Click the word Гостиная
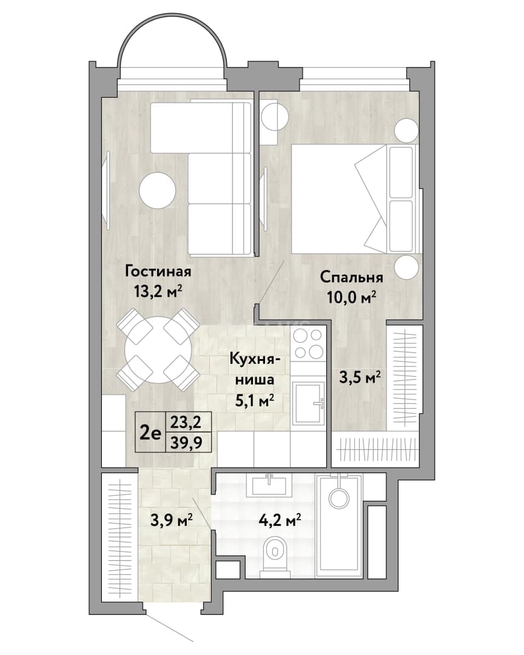(158, 272)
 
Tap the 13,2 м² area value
(158, 291)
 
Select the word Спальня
(351, 277)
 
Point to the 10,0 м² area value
(351, 297)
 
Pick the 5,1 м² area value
(255, 401)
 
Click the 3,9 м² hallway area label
(171, 520)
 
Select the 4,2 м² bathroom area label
(280, 520)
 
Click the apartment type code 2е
(150, 434)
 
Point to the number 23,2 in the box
(186, 422)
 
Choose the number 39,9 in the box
(186, 443)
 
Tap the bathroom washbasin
(270, 484)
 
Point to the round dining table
(159, 349)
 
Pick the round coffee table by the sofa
(157, 190)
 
